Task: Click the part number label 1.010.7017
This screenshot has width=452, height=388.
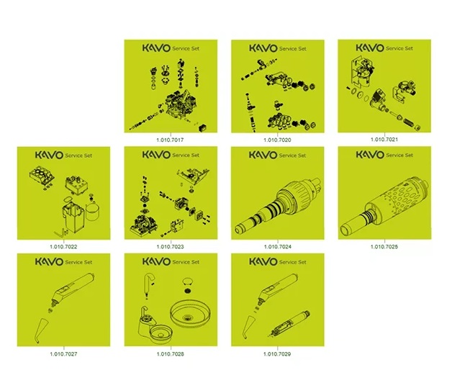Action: click(170, 140)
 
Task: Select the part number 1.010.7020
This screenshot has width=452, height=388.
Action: click(277, 140)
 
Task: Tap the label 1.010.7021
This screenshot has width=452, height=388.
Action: click(384, 140)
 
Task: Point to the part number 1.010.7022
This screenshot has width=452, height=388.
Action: click(63, 247)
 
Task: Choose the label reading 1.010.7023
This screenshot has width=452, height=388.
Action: click(170, 247)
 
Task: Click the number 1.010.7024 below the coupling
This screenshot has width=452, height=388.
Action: click(278, 247)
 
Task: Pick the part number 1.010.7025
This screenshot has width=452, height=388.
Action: click(384, 247)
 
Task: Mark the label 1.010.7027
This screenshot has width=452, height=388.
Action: click(63, 354)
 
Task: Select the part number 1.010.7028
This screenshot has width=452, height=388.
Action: click(170, 354)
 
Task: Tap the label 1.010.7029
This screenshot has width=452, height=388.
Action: click(277, 354)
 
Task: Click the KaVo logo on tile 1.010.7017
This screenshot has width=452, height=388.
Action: click(156, 48)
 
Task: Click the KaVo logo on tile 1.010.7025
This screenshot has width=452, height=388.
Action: click(370, 155)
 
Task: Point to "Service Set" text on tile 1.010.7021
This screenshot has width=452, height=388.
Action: click(399, 48)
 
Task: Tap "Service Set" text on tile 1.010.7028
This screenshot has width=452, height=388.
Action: click(186, 262)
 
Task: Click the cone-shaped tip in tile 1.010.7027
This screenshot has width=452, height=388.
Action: click(41, 330)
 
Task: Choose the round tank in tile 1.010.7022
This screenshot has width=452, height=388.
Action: click(93, 212)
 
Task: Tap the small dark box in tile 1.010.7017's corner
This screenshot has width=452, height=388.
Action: click(203, 127)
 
